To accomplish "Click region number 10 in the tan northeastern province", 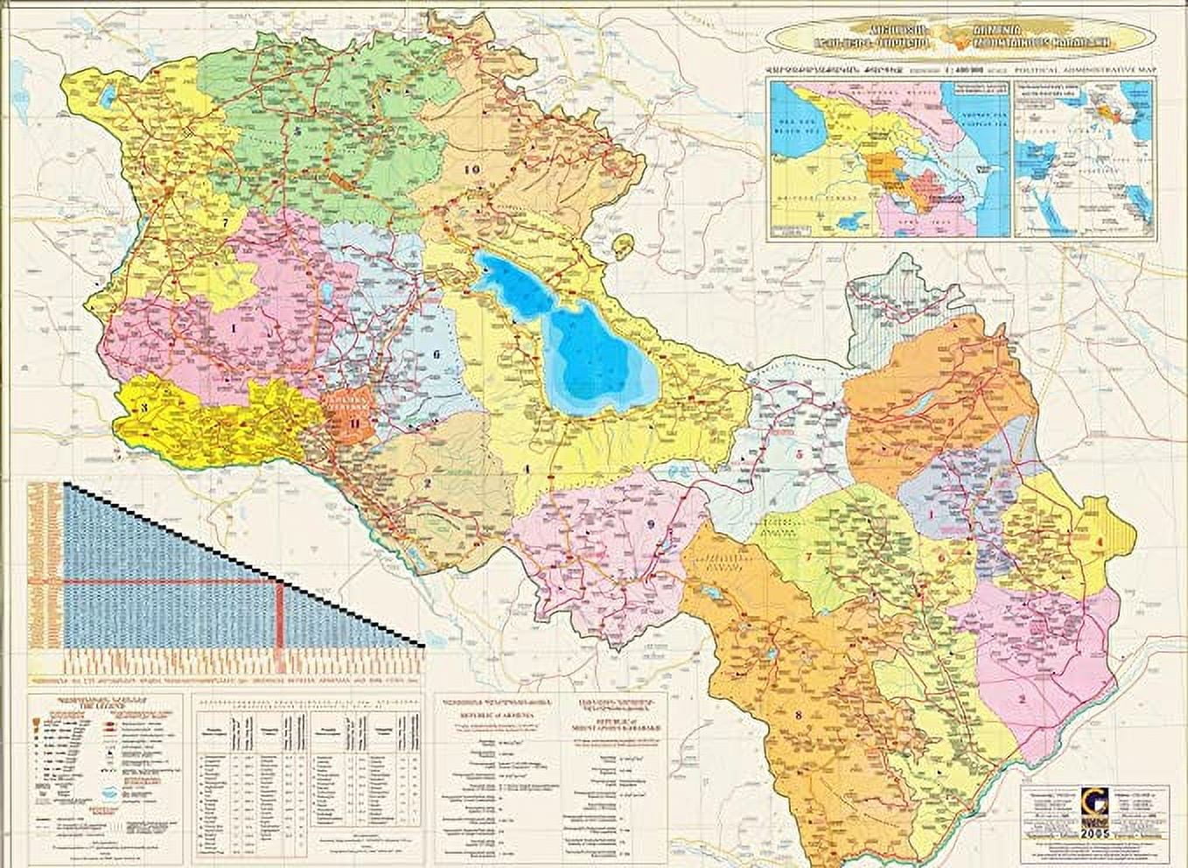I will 473,168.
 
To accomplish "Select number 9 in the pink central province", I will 650,524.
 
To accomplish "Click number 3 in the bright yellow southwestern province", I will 143,407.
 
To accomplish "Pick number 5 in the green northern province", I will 299,130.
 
